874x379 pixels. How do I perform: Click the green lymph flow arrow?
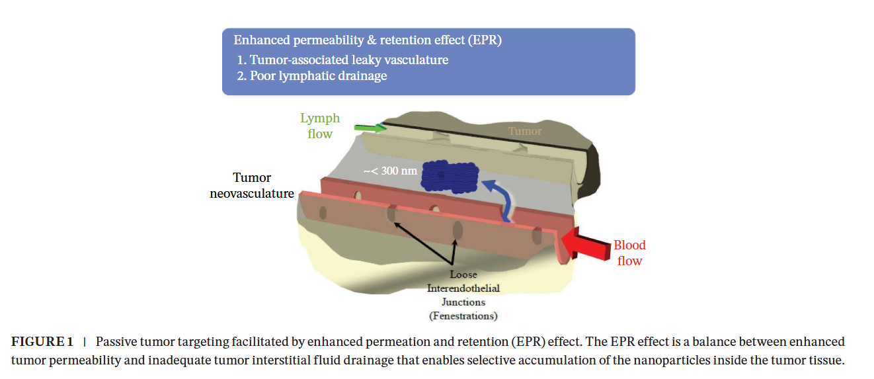(370, 128)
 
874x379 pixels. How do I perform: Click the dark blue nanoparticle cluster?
(450, 177)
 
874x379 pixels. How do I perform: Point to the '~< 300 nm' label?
(390, 171)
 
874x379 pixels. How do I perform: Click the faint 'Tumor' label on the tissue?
(525, 131)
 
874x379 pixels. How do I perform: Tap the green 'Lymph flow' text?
(320, 126)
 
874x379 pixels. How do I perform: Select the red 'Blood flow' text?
(629, 253)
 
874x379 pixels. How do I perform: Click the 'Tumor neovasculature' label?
(252, 185)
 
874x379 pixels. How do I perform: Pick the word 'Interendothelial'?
(463, 288)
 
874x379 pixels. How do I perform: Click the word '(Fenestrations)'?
(463, 316)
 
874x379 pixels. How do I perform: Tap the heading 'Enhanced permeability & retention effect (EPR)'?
(368, 40)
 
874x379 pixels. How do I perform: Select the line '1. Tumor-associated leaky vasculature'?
(342, 60)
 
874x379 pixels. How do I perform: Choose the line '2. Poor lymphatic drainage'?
(312, 75)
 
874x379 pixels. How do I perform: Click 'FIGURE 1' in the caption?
(42, 342)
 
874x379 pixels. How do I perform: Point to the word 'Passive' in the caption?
(116, 342)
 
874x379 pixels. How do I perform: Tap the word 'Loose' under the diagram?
(463, 274)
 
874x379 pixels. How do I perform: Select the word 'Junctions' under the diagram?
(463, 302)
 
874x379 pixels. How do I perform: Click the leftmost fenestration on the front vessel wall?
(323, 213)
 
